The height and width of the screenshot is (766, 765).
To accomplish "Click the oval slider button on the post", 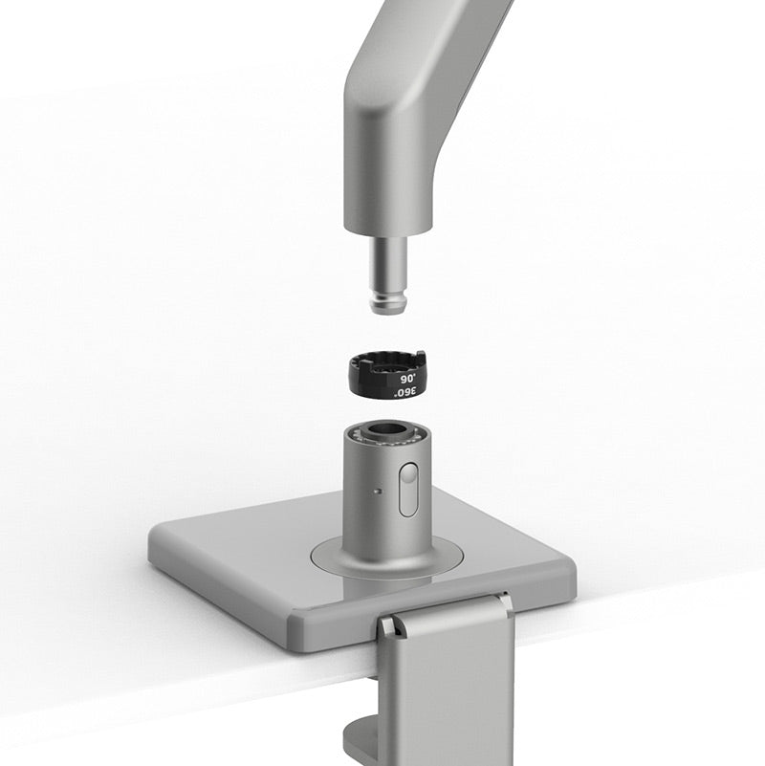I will coord(408,489).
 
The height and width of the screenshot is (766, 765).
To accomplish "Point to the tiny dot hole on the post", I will coord(380,492).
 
